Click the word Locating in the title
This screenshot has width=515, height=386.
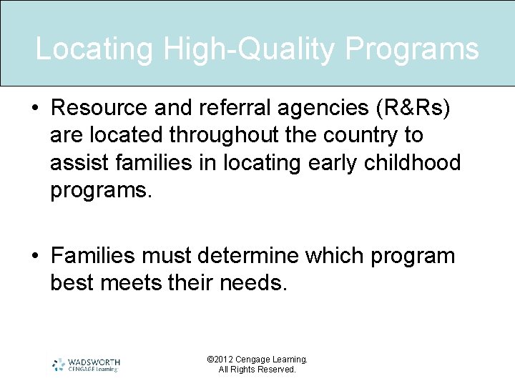point(94,49)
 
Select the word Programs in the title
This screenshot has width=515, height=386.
point(413,49)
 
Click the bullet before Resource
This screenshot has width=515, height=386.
point(34,107)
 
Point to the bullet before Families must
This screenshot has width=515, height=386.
point(34,256)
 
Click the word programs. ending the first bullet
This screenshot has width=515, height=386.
point(102,191)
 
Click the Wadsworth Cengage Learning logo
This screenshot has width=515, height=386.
point(86,365)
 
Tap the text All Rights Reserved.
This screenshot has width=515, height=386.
point(257,370)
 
